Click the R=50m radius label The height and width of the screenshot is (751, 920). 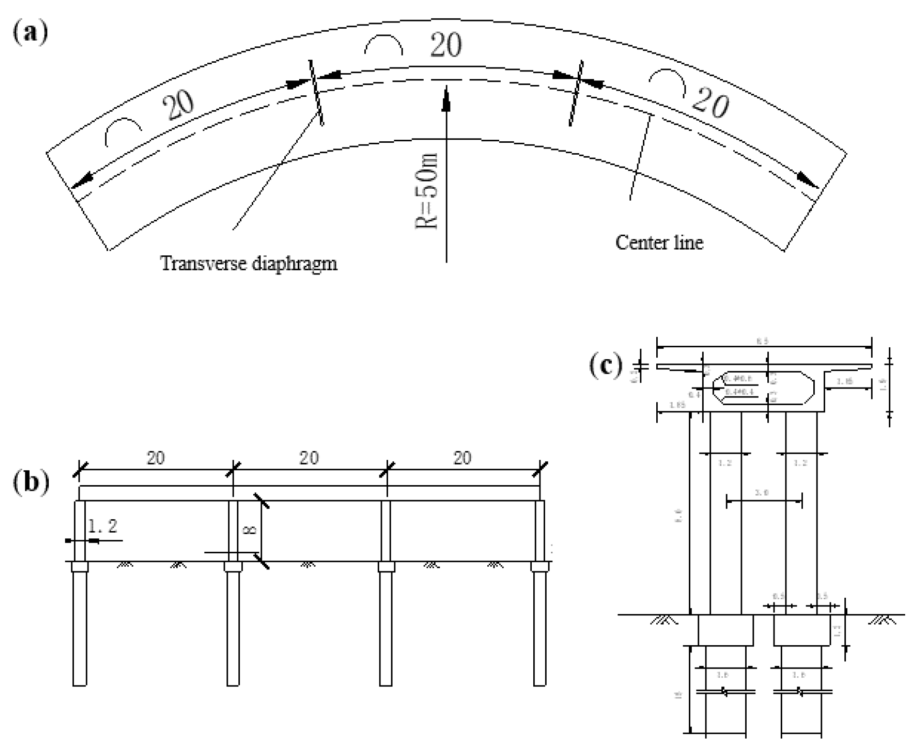click(x=426, y=191)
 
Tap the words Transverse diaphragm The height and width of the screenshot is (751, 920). click(x=248, y=264)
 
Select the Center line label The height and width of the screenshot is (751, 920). click(x=659, y=242)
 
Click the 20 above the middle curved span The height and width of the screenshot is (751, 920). click(x=446, y=45)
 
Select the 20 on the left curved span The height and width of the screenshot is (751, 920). click(x=179, y=105)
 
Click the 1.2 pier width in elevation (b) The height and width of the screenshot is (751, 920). click(x=102, y=526)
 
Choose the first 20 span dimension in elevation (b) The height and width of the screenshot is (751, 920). click(x=156, y=458)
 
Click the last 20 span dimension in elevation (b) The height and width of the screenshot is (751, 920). click(x=462, y=458)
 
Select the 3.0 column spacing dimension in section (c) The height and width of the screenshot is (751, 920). click(x=761, y=493)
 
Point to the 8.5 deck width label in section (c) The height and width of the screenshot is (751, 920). click(x=762, y=341)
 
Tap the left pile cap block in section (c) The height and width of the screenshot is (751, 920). click(x=725, y=630)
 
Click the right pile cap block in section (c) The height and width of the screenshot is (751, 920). click(x=802, y=630)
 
